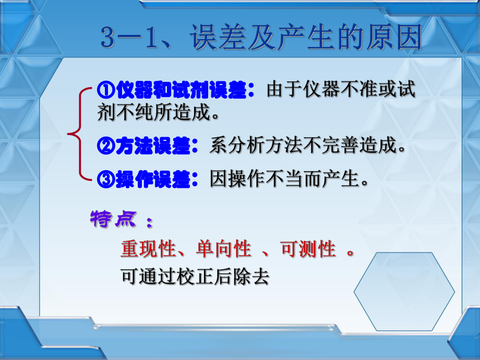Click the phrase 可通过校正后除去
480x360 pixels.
point(194,277)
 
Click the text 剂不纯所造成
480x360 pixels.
point(157,112)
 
